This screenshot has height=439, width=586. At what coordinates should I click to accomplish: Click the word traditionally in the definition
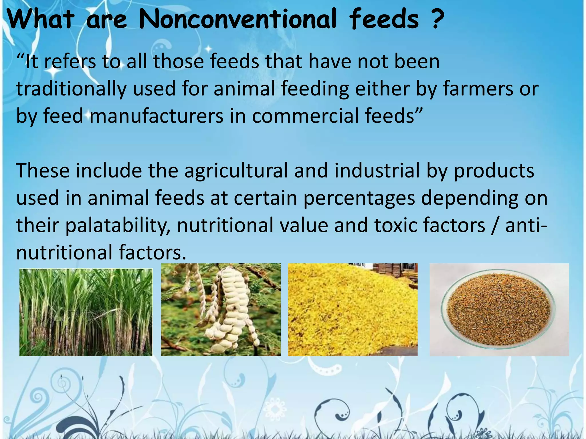tap(71, 89)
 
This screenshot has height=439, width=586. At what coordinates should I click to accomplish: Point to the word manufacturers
tap(156, 116)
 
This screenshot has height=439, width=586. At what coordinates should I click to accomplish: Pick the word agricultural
tap(236, 171)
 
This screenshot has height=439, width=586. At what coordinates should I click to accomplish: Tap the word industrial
tap(377, 171)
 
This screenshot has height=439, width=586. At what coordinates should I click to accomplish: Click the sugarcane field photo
tap(86, 312)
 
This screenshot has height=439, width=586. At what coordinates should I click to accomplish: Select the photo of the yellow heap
tap(353, 310)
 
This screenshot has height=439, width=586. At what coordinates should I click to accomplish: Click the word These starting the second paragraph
tap(43, 171)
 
